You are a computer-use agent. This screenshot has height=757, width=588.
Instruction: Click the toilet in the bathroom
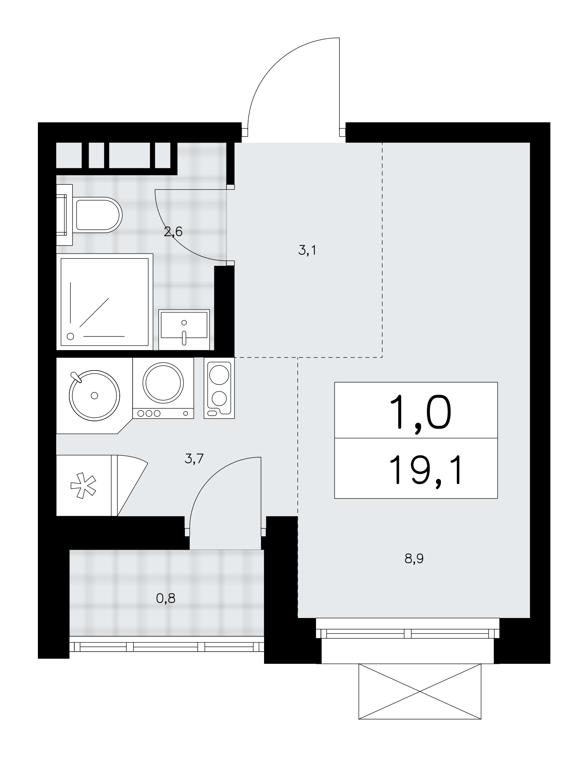[89, 215]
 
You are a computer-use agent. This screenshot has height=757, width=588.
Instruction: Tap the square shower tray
[104, 302]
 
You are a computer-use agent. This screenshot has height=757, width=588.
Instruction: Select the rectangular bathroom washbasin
[184, 329]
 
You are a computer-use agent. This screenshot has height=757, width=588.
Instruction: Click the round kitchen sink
[94, 395]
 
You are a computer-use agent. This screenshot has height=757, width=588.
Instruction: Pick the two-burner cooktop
[219, 388]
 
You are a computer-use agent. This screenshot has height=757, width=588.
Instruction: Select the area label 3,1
[307, 250]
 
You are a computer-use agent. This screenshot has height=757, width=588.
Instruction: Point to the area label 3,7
[194, 459]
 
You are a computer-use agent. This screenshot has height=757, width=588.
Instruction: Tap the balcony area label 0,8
[166, 598]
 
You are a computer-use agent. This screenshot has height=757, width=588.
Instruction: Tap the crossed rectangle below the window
[420, 691]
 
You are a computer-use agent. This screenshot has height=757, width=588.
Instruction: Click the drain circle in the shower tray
[70, 336]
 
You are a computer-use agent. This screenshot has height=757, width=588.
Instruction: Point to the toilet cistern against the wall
[64, 215]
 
